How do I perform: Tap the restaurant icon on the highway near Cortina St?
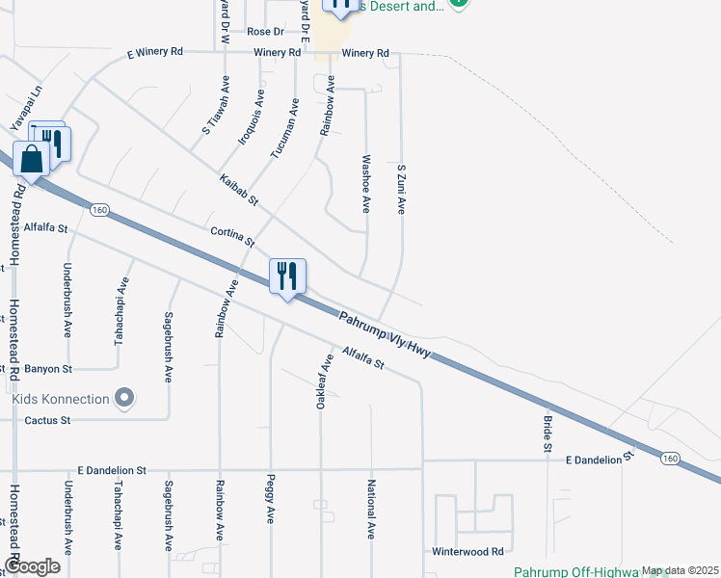pyautogui.click(x=287, y=277)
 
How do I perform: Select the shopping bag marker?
pyautogui.click(x=31, y=161)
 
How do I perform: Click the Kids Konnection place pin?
pyautogui.click(x=123, y=397)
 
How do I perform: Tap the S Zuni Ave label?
pyautogui.click(x=401, y=189)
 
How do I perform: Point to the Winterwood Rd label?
pyautogui.click(x=468, y=552)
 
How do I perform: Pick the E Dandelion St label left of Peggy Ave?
pyautogui.click(x=114, y=470)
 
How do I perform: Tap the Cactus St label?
pyautogui.click(x=47, y=420)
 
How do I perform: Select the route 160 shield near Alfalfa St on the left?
pyautogui.click(x=98, y=208)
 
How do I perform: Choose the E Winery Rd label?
pyautogui.click(x=155, y=53)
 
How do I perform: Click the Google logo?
pyautogui.click(x=31, y=565)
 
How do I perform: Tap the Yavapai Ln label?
pyautogui.click(x=27, y=107)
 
